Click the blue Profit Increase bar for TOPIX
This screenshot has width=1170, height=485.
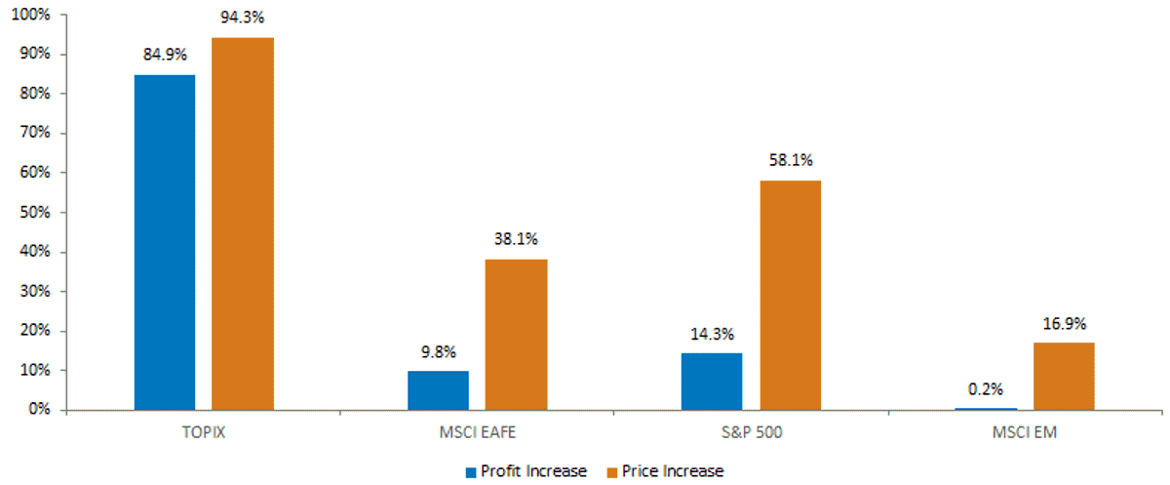(x=165, y=242)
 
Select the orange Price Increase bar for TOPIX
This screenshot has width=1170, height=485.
(x=243, y=223)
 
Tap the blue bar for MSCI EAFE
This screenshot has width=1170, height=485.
(x=438, y=390)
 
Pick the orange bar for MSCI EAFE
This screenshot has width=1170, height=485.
(x=516, y=335)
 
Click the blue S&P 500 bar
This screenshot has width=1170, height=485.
(x=712, y=382)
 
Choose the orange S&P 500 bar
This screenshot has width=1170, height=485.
(x=791, y=296)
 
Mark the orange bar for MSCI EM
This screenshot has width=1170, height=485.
(x=1064, y=377)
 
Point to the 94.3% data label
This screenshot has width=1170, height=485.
(x=243, y=18)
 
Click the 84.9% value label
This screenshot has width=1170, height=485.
(x=165, y=55)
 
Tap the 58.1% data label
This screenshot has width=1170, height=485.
(x=791, y=160)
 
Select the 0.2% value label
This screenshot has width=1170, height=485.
(x=986, y=389)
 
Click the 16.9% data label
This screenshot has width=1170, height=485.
(x=1065, y=324)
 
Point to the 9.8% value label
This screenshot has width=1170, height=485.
(x=439, y=352)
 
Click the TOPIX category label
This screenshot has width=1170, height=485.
(x=204, y=432)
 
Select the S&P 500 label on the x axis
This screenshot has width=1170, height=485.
(x=752, y=432)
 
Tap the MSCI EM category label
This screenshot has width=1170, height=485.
(x=1025, y=432)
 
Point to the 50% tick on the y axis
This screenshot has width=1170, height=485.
(x=35, y=212)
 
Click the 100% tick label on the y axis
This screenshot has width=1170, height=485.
(x=31, y=15)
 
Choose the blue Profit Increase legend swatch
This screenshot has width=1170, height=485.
(x=471, y=472)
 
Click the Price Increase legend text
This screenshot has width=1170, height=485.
(x=673, y=471)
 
